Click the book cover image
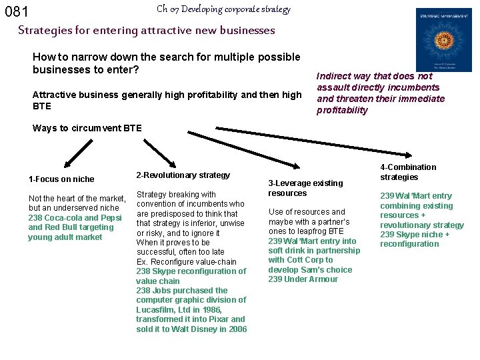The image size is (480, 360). (x=443, y=39)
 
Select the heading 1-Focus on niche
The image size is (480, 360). (x=61, y=179)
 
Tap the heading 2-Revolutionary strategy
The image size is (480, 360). (x=183, y=175)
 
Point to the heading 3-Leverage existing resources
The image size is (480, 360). (x=305, y=188)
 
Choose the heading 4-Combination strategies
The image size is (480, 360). (x=408, y=172)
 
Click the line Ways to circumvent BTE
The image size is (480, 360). (x=87, y=128)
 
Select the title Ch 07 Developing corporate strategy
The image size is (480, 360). (x=223, y=9)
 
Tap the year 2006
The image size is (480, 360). (x=236, y=329)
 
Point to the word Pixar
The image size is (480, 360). (x=203, y=319)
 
